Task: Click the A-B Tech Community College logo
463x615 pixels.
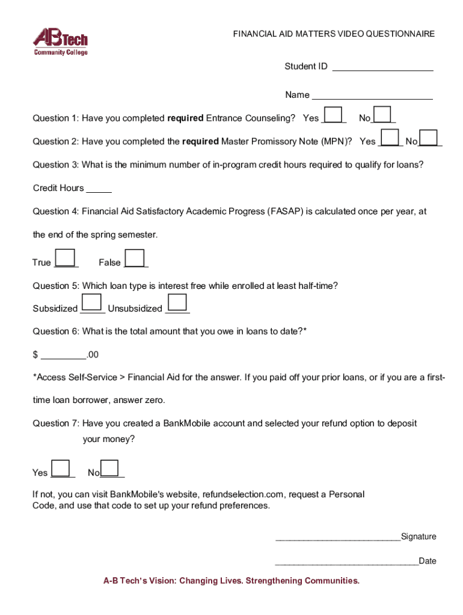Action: pyautogui.click(x=60, y=43)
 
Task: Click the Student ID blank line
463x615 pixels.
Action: pyautogui.click(x=382, y=67)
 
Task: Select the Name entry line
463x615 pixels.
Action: pyautogui.click(x=372, y=95)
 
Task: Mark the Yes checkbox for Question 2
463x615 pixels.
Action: pyautogui.click(x=390, y=138)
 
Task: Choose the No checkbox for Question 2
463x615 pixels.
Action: pyautogui.click(x=429, y=138)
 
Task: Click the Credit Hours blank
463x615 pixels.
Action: pyautogui.click(x=99, y=189)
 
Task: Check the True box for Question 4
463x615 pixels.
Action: pyautogui.click(x=65, y=258)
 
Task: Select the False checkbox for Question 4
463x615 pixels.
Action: pyautogui.click(x=135, y=258)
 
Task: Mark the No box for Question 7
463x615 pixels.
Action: pyautogui.click(x=111, y=468)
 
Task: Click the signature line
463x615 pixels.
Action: pyautogui.click(x=337, y=538)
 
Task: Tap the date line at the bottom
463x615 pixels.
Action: pyautogui.click(x=346, y=562)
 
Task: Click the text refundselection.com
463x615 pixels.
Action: pyautogui.click(x=242, y=495)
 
